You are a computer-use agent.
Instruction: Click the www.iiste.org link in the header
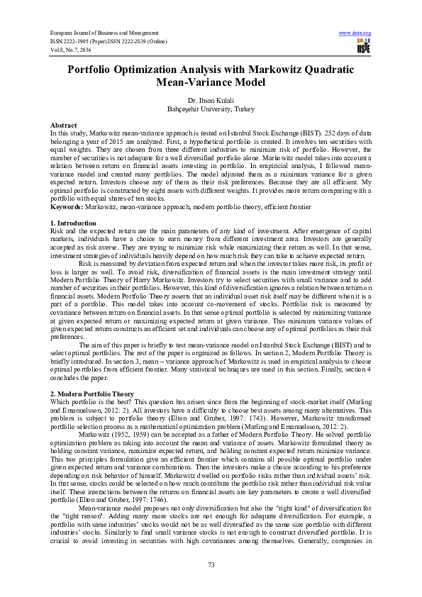[355, 33]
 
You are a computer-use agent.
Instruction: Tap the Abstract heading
[64, 124]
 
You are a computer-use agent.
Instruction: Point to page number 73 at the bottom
[211, 564]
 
